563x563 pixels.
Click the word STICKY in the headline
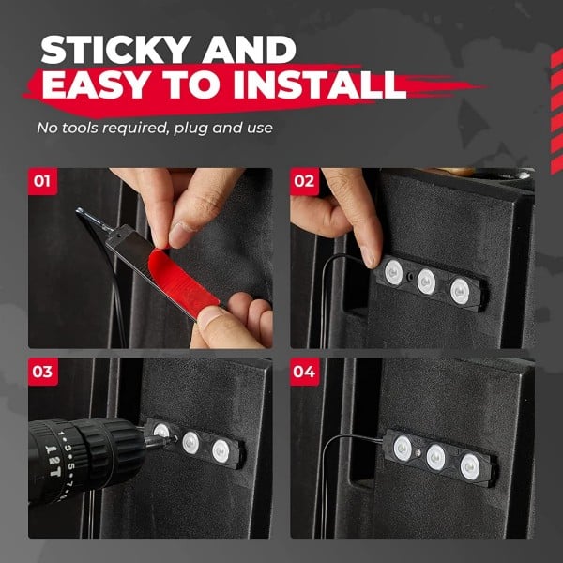(x=116, y=50)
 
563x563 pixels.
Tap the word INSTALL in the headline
(x=320, y=85)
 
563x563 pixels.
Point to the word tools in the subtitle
(x=81, y=128)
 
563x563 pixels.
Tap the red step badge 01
(x=42, y=181)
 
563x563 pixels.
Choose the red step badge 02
(x=304, y=181)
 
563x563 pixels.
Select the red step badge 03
(x=43, y=372)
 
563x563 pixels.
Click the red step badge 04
(x=304, y=372)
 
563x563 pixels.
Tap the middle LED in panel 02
(x=426, y=281)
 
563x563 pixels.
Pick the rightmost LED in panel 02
(x=460, y=291)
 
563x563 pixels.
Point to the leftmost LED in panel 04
(x=403, y=448)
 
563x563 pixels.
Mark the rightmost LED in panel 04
(x=470, y=466)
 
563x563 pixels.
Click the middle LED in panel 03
(x=190, y=443)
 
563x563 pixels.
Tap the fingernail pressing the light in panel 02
(x=369, y=258)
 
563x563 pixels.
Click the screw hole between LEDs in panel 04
(x=418, y=453)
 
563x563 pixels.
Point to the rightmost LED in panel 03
(x=221, y=451)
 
